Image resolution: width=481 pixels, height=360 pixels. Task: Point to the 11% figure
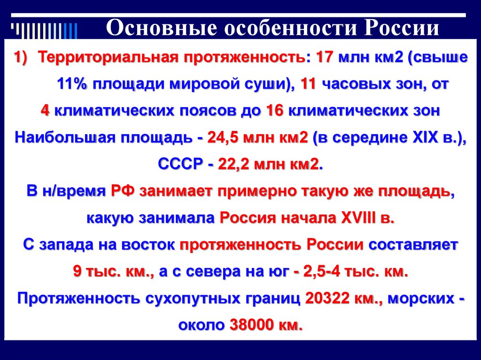coord(72,85)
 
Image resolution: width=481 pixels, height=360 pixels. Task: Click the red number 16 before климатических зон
coord(274,111)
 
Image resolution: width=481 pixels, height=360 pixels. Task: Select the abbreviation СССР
coord(180,165)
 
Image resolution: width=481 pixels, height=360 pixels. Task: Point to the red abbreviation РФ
coord(123,191)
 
